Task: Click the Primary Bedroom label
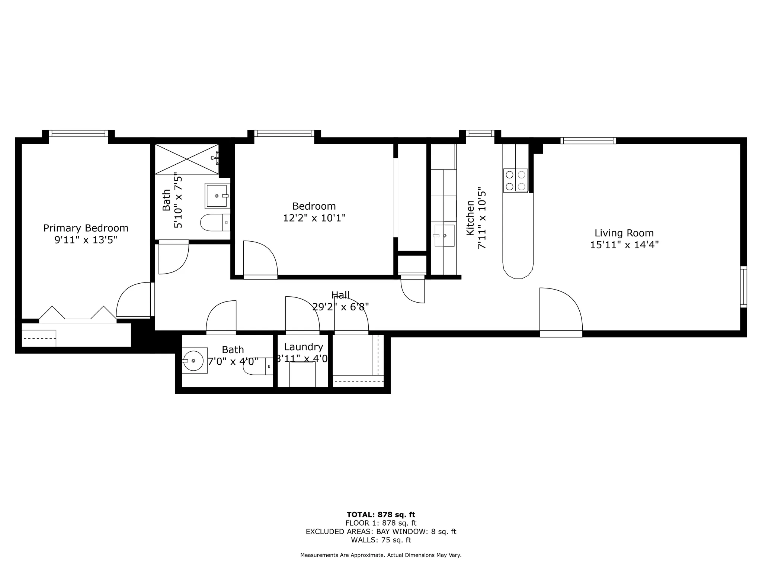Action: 86,228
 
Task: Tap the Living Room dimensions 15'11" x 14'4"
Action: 624,245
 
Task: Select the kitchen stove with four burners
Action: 515,180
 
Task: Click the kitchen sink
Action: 444,235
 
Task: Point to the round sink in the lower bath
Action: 193,361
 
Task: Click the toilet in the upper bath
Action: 215,223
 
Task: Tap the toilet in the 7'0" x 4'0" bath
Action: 257,367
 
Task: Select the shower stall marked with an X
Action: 186,159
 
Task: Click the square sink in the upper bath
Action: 216,196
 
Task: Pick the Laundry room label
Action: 303,347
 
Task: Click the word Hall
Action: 340,295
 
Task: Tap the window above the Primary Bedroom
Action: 78,133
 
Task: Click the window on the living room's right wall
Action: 743,287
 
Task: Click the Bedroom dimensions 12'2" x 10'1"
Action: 314,218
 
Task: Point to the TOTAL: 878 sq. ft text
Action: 381,514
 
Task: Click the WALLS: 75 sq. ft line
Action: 381,540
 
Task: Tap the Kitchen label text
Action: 470,218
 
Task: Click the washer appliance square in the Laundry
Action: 302,374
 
